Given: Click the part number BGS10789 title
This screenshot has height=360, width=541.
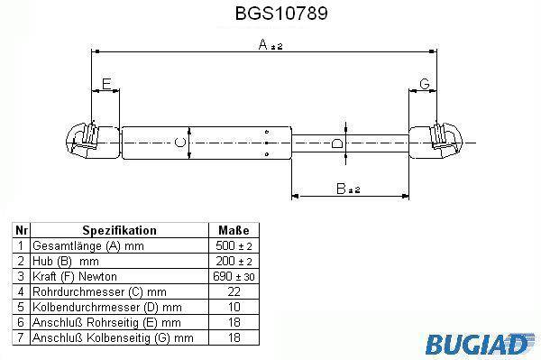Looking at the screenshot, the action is coord(281,14).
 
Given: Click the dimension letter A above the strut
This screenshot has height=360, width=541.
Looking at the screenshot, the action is coord(263,44).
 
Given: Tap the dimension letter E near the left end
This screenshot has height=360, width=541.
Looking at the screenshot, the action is coord(106,84).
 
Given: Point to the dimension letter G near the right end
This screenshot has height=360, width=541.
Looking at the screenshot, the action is coord(425,84).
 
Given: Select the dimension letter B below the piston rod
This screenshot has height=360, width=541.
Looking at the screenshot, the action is coord(341,189).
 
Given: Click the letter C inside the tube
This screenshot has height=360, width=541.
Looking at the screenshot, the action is coord(179,143).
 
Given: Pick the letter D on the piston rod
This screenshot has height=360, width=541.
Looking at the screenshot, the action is coord(336,143).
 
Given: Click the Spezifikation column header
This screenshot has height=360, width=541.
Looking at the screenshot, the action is coord(119,230).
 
